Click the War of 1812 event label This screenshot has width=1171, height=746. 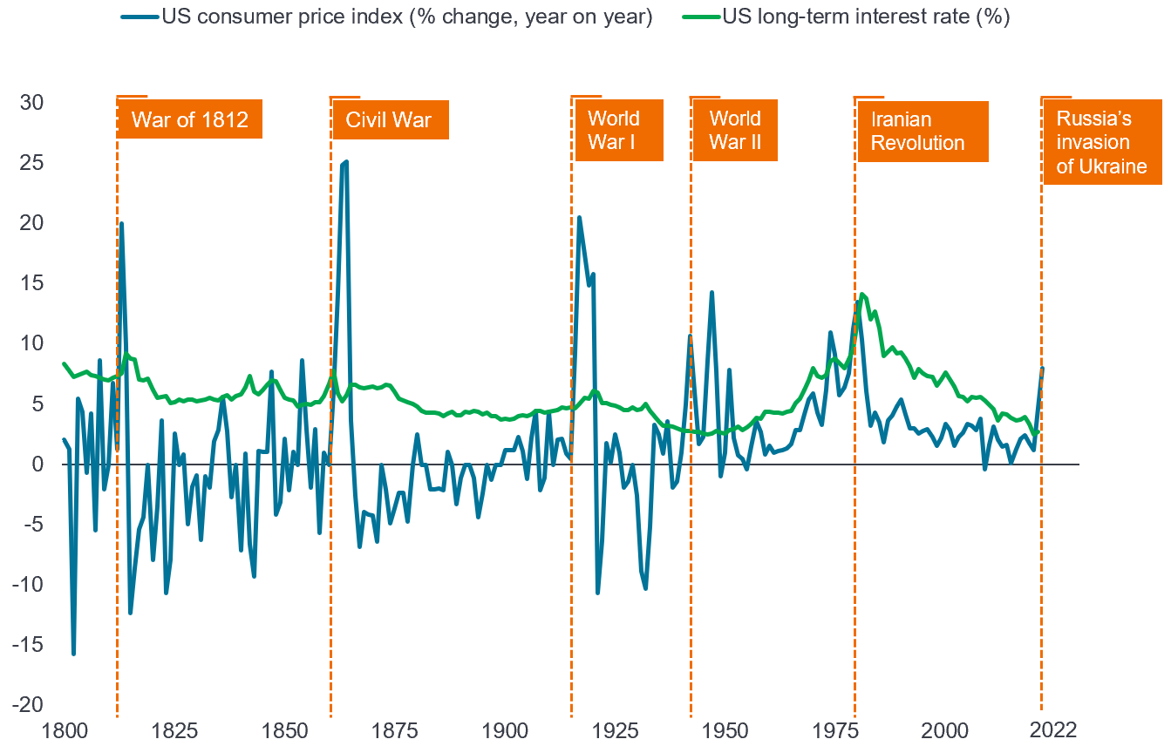[x=189, y=120]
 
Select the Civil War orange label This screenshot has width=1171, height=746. [x=389, y=120]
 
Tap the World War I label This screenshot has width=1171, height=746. [x=618, y=130]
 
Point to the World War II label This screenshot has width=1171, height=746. [x=735, y=130]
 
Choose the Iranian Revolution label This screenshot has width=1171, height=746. [x=921, y=132]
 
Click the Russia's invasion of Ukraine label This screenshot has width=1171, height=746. [x=1102, y=142]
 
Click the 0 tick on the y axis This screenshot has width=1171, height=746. [x=38, y=464]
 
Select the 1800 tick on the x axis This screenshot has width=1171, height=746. [x=64, y=729]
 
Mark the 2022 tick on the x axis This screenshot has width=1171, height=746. [x=1042, y=729]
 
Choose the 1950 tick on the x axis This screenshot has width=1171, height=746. [x=725, y=729]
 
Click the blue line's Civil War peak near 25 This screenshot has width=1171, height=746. [x=346, y=162]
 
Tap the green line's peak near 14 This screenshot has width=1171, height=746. [x=862, y=295]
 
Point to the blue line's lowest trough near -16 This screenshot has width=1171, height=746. [x=73, y=653]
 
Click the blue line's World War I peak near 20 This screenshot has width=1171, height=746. [x=579, y=218]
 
